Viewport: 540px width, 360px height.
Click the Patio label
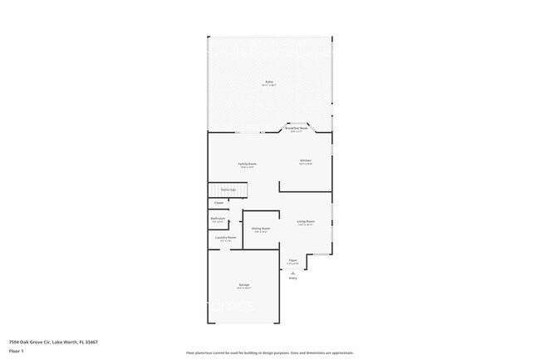[269, 81]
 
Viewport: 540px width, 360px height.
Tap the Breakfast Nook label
[297, 129]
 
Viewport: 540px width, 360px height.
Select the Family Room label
[248, 164]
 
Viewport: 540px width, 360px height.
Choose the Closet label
[218, 202]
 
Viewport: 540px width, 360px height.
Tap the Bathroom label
[218, 219]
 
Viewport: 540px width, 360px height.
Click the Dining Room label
[261, 228]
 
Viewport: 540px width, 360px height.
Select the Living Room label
[306, 221]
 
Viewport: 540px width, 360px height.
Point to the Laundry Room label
[226, 238]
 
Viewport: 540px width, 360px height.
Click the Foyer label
[292, 260]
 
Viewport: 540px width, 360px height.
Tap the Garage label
[244, 284]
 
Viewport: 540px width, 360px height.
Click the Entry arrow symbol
[292, 272]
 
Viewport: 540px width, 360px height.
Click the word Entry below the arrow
[292, 278]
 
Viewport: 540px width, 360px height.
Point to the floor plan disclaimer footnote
[270, 353]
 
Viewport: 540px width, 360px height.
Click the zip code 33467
[91, 342]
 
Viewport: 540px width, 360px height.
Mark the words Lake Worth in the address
[64, 342]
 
